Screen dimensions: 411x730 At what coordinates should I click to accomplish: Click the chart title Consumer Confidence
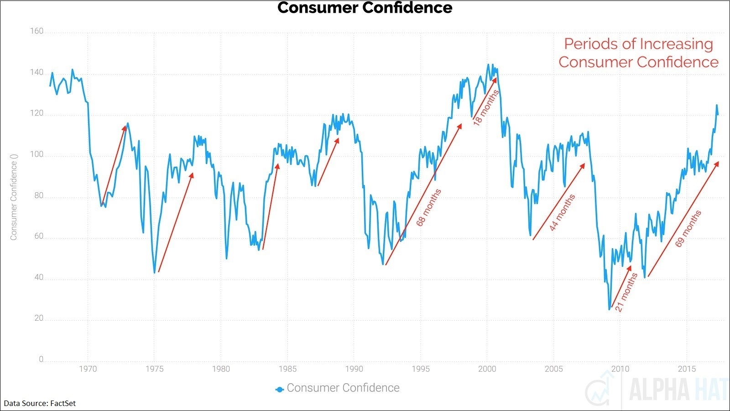[365, 8]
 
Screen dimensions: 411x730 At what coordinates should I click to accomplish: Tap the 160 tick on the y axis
[36, 31]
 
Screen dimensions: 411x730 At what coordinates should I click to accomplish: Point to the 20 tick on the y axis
[39, 318]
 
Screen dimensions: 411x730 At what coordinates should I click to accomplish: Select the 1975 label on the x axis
[154, 369]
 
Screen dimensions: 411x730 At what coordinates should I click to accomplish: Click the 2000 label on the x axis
[487, 369]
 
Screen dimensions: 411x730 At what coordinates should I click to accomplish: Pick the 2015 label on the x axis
[687, 369]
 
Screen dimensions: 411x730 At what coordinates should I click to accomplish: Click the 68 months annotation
[429, 207]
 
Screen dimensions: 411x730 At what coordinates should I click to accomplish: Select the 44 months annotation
[562, 212]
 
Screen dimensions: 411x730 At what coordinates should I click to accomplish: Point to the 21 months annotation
[626, 292]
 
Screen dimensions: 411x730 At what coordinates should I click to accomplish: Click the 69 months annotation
[688, 229]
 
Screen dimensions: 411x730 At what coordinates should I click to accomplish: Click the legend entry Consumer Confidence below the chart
[343, 388]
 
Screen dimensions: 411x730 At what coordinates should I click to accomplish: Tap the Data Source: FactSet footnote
[40, 403]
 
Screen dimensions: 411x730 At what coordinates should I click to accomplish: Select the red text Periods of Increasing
[638, 44]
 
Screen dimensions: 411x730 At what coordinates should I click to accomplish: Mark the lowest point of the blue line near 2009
[609, 309]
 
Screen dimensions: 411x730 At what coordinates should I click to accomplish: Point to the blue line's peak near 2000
[488, 65]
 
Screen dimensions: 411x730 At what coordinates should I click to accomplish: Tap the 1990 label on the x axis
[354, 369]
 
